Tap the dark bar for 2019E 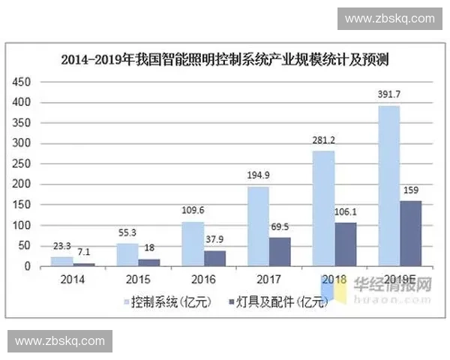(410, 233)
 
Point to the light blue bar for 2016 (193, 244)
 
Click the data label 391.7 (389, 94)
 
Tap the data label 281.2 (323, 139)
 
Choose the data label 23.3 (62, 244)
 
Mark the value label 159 (411, 189)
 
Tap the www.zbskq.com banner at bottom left (60, 341)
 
